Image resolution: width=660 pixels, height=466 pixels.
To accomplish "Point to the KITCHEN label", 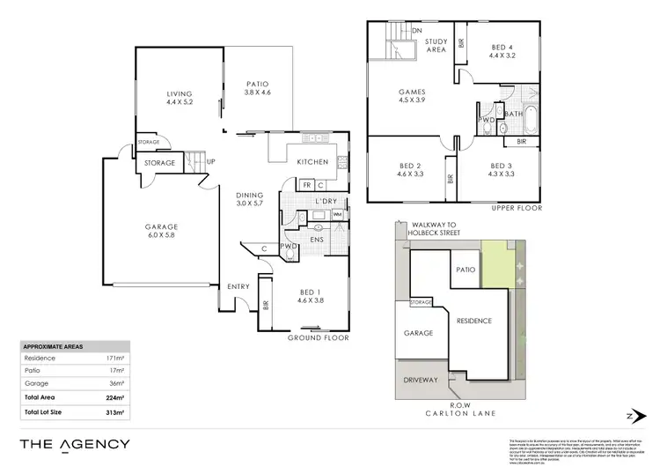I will (x=312, y=162).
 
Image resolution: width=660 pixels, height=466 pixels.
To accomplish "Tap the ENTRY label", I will (x=238, y=286).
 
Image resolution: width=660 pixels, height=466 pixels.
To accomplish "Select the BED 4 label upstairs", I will (x=502, y=48).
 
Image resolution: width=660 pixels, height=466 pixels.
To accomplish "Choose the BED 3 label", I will (x=502, y=170).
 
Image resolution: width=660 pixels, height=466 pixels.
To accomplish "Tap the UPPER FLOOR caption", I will (x=517, y=208).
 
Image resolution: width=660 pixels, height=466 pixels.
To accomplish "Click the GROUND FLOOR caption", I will (x=319, y=337).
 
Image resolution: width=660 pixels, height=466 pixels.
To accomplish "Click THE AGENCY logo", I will (x=76, y=444).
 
